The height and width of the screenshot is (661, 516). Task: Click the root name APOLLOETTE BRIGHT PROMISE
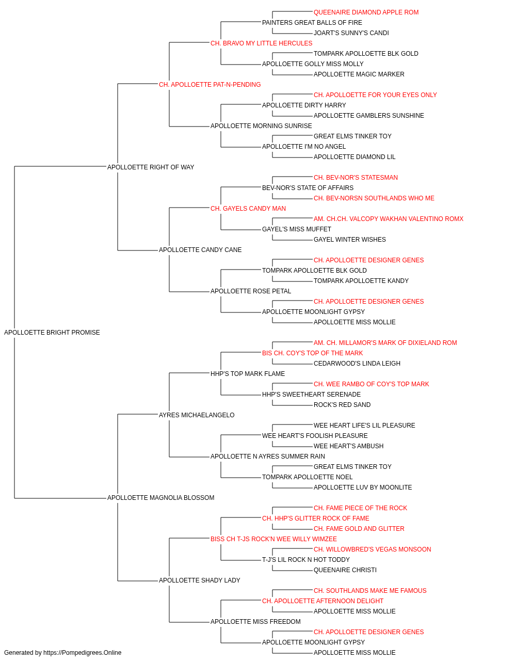click(52, 333)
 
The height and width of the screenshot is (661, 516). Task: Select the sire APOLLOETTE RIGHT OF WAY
click(151, 167)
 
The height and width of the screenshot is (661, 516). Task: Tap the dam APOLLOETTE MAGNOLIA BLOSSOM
click(161, 498)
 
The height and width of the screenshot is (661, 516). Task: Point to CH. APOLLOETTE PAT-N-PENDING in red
click(209, 85)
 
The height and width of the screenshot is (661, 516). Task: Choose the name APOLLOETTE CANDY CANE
click(200, 250)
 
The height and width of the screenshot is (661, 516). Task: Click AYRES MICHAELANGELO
click(197, 415)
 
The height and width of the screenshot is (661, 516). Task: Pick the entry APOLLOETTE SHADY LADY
click(199, 580)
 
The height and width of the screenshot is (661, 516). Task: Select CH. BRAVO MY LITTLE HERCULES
click(261, 43)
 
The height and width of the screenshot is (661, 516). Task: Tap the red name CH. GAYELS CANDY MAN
click(248, 208)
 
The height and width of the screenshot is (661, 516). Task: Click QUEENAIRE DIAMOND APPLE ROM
click(366, 12)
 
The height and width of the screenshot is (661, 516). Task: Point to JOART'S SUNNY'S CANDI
click(351, 33)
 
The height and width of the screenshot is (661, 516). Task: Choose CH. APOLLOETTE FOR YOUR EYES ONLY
click(375, 95)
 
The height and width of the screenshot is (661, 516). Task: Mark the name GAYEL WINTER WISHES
click(349, 240)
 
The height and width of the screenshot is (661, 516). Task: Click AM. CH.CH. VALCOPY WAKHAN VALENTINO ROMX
click(389, 219)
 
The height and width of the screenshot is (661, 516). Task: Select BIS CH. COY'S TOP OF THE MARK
click(312, 353)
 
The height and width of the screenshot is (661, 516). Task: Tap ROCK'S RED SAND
click(342, 404)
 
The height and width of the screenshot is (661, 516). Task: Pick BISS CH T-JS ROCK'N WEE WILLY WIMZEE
click(273, 539)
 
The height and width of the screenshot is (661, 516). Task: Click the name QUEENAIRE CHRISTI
click(345, 570)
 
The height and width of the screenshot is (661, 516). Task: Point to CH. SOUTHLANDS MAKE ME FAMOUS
click(370, 591)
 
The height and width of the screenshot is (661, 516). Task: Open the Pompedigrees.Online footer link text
click(82, 653)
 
